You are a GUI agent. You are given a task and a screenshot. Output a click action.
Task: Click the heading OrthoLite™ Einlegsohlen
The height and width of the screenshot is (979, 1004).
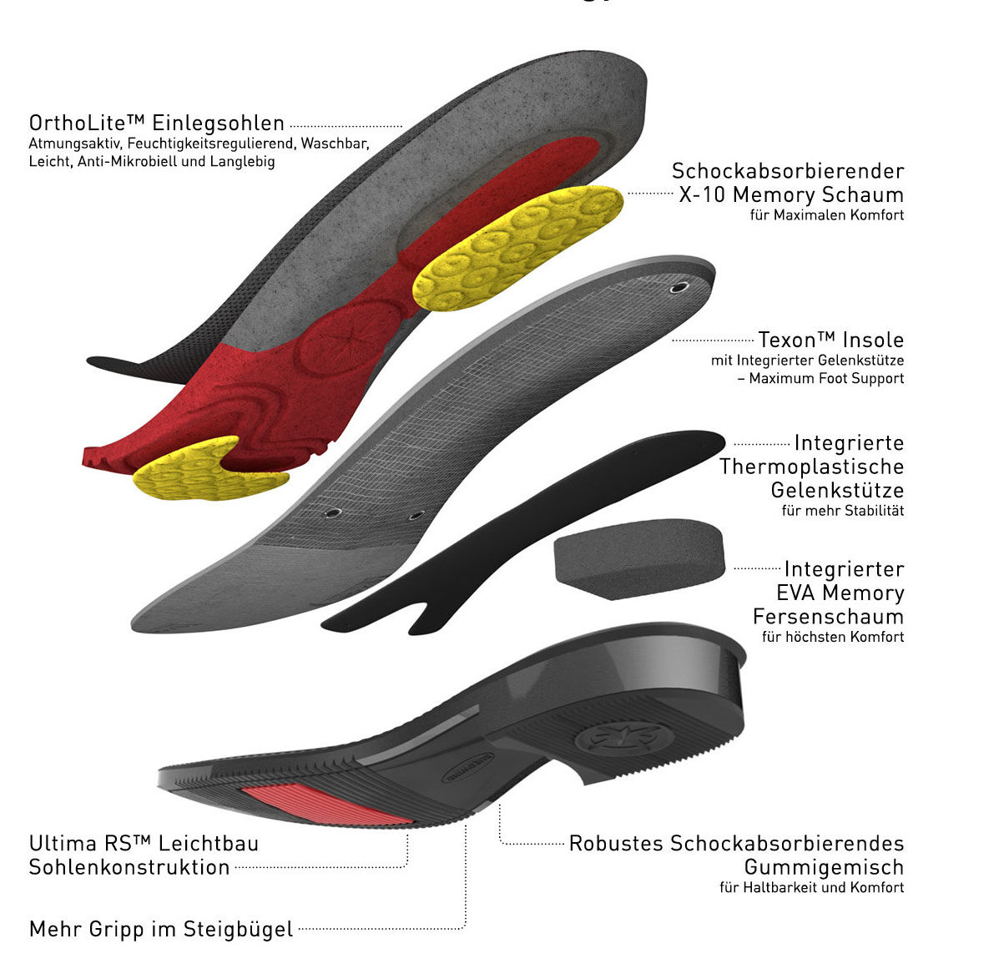157,124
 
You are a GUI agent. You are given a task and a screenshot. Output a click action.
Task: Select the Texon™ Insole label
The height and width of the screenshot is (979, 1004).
830,340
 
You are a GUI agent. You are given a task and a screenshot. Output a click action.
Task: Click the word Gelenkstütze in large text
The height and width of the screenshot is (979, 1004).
836,490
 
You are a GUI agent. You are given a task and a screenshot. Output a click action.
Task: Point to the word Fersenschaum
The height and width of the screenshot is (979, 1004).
828,617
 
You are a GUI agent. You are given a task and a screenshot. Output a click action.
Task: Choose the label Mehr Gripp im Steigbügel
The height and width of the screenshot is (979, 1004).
161,929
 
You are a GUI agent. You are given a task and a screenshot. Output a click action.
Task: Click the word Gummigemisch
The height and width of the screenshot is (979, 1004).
824,866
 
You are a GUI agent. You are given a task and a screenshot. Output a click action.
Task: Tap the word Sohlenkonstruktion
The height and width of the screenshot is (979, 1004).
129,866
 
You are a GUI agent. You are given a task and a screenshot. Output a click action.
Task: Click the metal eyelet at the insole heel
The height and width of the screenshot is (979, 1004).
679,287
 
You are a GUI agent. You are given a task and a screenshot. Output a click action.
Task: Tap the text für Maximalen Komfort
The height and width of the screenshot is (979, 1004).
827,215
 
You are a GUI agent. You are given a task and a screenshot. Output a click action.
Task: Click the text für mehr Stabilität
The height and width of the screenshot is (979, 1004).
842,511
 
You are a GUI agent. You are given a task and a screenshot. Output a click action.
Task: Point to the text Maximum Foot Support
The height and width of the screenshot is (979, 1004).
826,379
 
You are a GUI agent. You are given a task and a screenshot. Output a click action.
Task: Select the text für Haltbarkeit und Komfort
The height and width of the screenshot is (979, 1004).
811,888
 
